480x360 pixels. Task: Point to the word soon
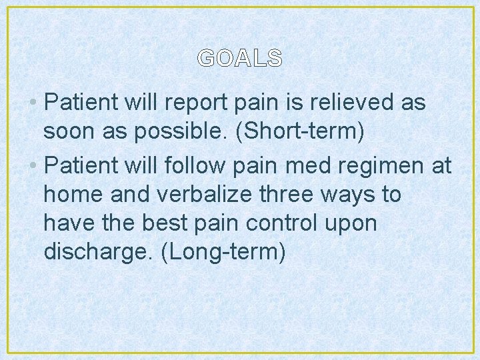coord(69,132)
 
